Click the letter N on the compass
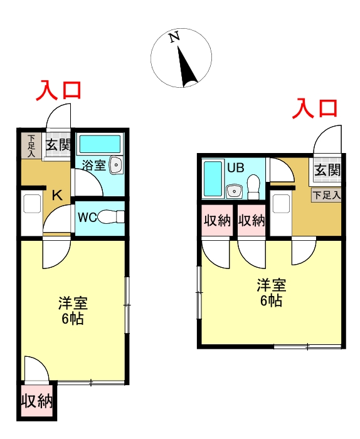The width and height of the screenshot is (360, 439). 175,37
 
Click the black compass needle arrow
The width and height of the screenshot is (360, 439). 186,66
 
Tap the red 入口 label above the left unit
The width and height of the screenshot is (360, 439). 58,90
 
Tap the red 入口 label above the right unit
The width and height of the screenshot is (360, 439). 315,108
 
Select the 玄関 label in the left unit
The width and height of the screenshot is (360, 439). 58,145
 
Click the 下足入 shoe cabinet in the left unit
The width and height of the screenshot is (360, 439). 31,146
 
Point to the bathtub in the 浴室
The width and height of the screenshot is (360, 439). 100,144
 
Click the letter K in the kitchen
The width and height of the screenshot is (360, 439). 58,195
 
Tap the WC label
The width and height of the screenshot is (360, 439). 87,217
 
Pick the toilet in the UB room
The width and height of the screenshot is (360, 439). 253,187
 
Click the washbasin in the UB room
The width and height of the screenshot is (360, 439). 235,191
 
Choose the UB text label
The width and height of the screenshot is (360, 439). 235,168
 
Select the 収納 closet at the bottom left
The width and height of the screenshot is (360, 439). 37,401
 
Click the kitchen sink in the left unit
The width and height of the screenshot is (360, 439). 32,204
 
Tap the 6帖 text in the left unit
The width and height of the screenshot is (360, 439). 73,319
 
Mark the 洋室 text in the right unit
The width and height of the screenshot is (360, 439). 272,285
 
